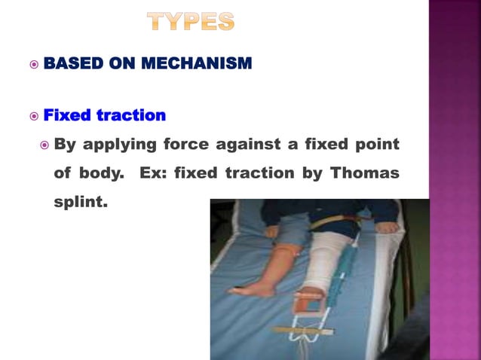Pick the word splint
pos(80,203)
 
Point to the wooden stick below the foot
pos(302,331)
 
